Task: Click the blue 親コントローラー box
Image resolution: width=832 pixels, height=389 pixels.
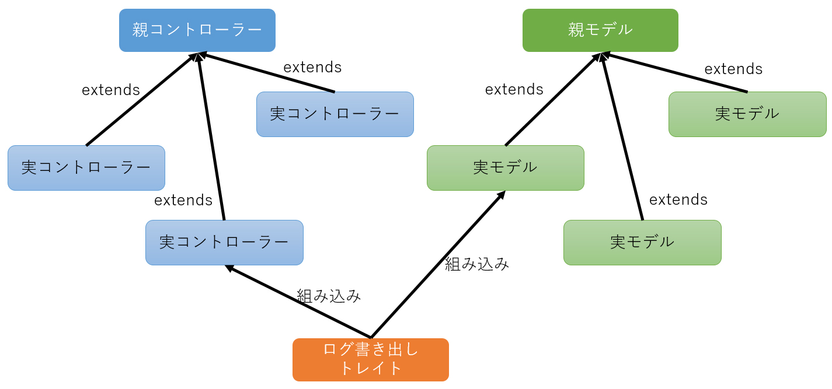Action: point(197,30)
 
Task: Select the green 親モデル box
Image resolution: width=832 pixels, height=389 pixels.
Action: point(600,30)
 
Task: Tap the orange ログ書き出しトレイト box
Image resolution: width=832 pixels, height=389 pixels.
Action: point(370,359)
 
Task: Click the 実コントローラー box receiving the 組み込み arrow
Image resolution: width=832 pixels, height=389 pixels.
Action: point(224,242)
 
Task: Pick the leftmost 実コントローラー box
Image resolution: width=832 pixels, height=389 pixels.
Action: point(86,168)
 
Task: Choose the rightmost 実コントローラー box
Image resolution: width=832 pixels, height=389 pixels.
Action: point(335,114)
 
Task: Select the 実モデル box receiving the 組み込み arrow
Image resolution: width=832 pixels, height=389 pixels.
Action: point(505,168)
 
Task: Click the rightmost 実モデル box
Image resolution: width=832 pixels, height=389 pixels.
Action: point(747,114)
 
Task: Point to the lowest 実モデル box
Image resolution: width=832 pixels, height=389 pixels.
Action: point(642,242)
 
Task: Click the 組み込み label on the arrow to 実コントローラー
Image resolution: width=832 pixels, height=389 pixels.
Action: point(329,296)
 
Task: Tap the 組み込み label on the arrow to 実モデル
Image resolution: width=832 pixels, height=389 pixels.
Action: point(477,264)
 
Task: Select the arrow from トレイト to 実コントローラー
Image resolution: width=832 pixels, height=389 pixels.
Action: point(298,302)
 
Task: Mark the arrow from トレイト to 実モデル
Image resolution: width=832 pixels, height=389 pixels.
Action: point(438,264)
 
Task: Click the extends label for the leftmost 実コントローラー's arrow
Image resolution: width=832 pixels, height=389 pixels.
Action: point(111,90)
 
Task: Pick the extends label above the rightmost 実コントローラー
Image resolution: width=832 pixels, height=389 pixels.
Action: point(312,67)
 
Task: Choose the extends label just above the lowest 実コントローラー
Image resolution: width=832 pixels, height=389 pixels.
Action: point(183,200)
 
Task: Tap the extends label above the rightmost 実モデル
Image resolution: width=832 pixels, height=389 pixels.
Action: point(733,69)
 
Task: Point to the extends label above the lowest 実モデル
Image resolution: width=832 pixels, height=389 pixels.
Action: point(678,199)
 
